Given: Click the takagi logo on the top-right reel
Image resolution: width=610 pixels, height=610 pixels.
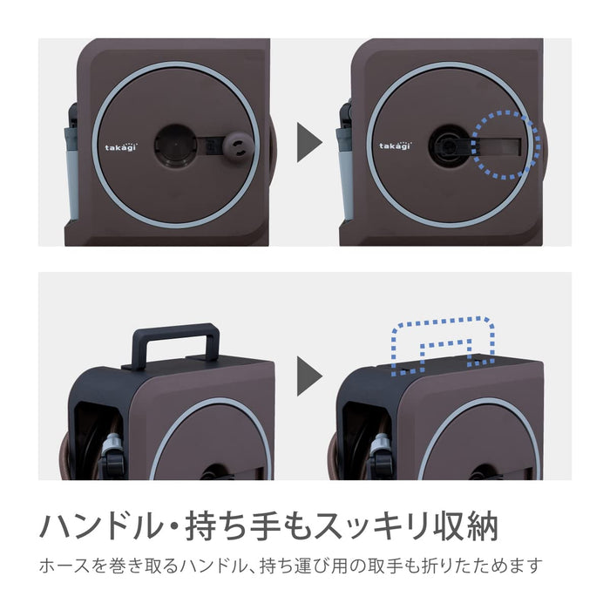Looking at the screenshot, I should tap(394, 147).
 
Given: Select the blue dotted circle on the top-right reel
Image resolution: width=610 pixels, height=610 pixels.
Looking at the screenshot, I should tap(505, 144).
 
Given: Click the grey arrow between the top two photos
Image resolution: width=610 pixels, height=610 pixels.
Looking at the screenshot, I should tap(309, 142).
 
